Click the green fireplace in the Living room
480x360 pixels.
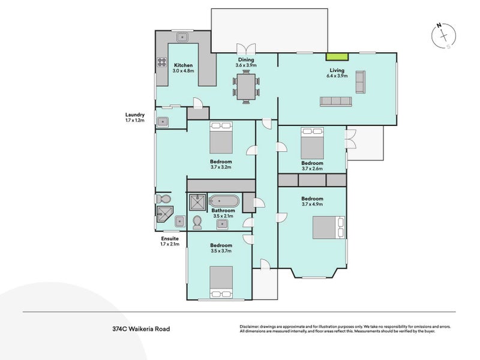point(337,56)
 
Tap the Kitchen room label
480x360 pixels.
point(184,65)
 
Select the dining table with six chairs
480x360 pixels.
point(246,87)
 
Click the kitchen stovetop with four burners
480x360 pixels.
point(162,62)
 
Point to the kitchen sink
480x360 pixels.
point(182,37)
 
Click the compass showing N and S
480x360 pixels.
point(443,36)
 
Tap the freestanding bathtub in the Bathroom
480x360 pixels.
point(224,202)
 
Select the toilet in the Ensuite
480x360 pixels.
point(163,199)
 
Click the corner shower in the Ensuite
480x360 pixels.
point(164,214)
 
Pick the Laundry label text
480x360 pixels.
point(134,115)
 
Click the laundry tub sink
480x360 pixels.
point(163,122)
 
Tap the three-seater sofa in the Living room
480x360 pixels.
point(336,101)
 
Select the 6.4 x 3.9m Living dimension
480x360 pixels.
point(337,76)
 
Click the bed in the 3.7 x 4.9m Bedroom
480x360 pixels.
point(328,227)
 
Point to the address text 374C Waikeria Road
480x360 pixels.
point(141,329)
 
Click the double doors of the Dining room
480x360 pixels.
point(246,49)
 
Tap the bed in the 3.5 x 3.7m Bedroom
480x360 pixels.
point(221,282)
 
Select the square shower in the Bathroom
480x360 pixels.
point(198,202)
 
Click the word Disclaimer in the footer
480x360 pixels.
point(250,326)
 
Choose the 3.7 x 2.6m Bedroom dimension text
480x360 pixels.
point(312,169)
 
